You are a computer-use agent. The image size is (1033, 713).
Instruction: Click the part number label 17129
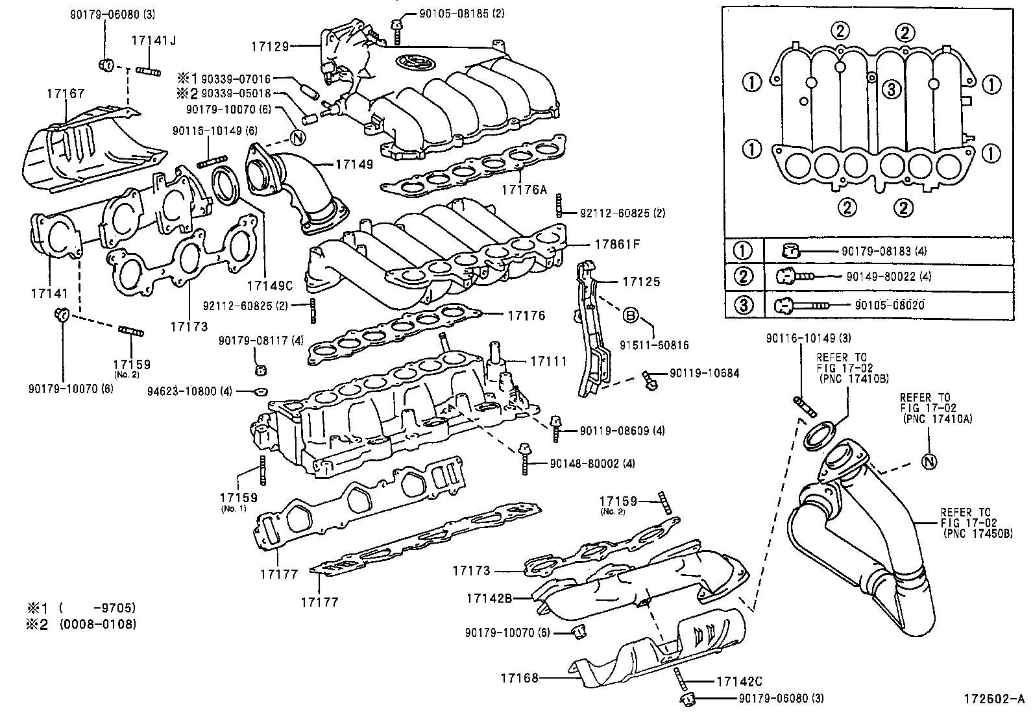click(x=270, y=46)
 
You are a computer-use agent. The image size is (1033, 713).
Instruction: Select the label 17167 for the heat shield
click(x=66, y=94)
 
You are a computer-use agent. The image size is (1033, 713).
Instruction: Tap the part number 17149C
click(x=270, y=285)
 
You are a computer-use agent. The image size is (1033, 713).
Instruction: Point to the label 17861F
click(x=617, y=245)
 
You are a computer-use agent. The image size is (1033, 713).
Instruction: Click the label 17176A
click(x=524, y=190)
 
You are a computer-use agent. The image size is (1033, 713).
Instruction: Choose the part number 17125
click(x=641, y=282)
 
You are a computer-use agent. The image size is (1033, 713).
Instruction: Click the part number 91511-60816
click(x=657, y=346)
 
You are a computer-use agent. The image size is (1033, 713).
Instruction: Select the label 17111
click(x=548, y=361)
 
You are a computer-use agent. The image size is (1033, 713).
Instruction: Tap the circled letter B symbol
click(x=631, y=316)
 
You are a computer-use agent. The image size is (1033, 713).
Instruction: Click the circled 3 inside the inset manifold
click(x=892, y=90)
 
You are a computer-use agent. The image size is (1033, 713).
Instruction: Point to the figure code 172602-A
click(x=993, y=700)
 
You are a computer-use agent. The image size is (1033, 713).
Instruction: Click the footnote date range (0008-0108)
click(x=98, y=624)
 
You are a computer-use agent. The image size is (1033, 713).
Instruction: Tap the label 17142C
click(x=738, y=682)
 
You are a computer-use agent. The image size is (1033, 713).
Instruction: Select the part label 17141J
click(x=154, y=40)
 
